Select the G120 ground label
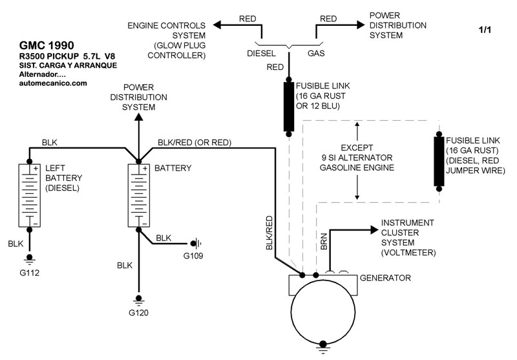pos(138,313)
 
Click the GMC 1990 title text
pos(47,45)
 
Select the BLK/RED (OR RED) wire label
pos(195,142)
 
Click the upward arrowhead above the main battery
pos(138,117)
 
